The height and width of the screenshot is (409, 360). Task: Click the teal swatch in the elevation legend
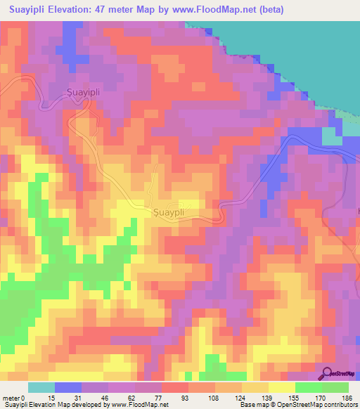(x=41, y=387)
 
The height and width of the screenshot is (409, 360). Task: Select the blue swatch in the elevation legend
(x=68, y=387)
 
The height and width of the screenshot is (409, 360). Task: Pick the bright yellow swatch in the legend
(x=281, y=387)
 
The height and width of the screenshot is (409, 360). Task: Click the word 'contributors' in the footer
(x=340, y=405)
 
